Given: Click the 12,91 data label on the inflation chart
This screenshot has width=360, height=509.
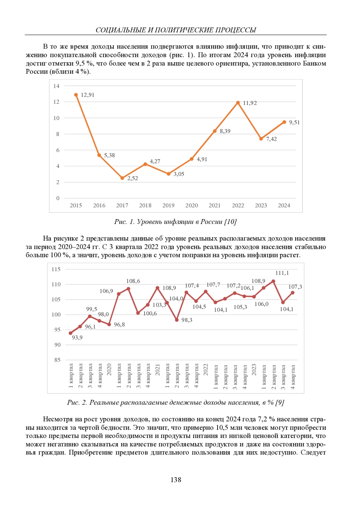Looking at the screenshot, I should pos(88,95).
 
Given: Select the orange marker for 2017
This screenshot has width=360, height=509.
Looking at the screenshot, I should pos(122,178).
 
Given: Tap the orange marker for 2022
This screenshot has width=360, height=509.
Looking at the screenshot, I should pos(238,103).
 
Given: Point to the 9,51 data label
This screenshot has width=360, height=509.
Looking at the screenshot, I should pos(294,122).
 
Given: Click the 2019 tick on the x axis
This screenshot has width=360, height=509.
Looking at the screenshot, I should pos(168,206).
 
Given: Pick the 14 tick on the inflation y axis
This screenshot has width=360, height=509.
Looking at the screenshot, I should pos(56,86).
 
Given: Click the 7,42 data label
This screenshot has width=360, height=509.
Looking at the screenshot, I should pos(271,139).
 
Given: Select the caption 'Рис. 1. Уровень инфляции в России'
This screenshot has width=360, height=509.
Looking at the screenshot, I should pos(175,222).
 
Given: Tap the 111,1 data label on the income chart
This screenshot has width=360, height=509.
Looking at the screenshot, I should pos(282,273).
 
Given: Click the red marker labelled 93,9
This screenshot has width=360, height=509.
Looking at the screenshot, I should pos(70,333).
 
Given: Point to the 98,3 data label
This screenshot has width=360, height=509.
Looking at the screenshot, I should pos(187,320).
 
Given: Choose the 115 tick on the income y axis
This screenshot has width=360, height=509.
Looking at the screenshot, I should pos(56,269).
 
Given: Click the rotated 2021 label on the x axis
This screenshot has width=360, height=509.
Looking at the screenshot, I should pos(157,370).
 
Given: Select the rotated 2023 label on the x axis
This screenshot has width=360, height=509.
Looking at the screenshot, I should pos(254,370).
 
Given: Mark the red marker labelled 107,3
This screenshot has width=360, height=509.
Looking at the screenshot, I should pos(292,293).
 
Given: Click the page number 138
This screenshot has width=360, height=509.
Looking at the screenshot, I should pos(176,480).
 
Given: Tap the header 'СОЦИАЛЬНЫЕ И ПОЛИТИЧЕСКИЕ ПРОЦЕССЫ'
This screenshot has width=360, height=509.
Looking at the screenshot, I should pos(176,30).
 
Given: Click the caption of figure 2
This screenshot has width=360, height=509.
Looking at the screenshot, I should pos(175,403).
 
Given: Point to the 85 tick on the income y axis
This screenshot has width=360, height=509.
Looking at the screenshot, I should pos(57,360).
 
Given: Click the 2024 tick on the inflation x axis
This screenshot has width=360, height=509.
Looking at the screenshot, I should pos(284,206).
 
